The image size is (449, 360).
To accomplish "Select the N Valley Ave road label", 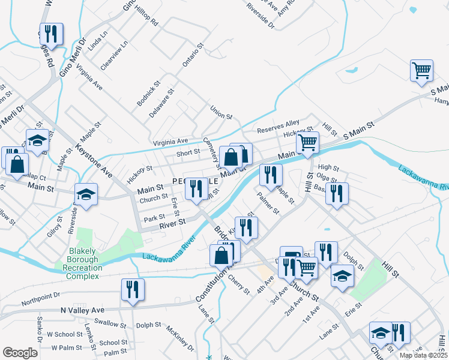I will pyautogui.click(x=83, y=310).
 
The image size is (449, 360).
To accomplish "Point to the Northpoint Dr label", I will pyautogui.click(x=41, y=295).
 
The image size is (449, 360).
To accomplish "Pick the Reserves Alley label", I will pyautogui.click(x=278, y=126).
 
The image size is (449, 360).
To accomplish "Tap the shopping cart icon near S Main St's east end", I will pyautogui.click(x=421, y=70).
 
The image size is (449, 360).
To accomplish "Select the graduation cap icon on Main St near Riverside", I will pyautogui.click(x=86, y=194).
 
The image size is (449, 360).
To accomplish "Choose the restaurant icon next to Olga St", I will pyautogui.click(x=337, y=194).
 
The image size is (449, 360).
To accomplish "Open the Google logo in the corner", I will pyautogui.click(x=20, y=353).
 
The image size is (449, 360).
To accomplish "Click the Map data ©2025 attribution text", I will pyautogui.click(x=424, y=355).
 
